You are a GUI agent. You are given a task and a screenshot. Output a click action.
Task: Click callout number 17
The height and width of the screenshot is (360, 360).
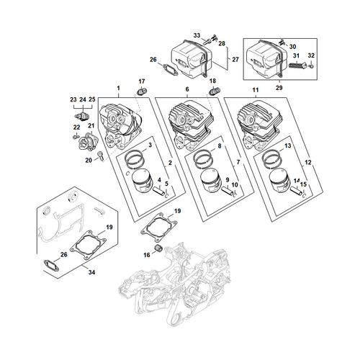pyautogui.click(x=142, y=81)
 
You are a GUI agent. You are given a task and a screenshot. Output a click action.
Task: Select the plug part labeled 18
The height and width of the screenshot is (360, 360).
pyautogui.click(x=214, y=91)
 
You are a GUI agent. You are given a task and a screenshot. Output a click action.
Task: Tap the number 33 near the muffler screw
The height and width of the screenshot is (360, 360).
pyautogui.click(x=197, y=35)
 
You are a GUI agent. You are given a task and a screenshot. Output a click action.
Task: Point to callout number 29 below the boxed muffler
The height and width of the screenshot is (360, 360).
pyautogui.click(x=279, y=88)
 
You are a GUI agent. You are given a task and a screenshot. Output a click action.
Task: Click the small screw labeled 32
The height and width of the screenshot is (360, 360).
pyautogui.click(x=311, y=66)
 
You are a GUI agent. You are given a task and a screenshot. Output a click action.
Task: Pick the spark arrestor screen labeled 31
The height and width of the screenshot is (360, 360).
pyautogui.click(x=297, y=65)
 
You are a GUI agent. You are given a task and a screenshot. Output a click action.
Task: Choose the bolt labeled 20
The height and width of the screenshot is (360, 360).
pyautogui.click(x=101, y=156)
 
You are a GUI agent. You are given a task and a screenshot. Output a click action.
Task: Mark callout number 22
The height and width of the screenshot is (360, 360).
pyautogui.click(x=76, y=127)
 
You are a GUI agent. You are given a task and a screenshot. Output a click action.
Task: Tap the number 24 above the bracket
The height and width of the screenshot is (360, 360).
pyautogui.click(x=83, y=99)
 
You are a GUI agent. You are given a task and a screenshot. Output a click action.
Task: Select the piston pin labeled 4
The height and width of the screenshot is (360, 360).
pyautogui.click(x=159, y=192)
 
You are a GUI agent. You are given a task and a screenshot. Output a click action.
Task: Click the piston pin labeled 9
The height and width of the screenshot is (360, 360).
pyautogui.click(x=228, y=190)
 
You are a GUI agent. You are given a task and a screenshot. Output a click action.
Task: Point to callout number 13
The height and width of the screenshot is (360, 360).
pyautogui.click(x=287, y=145)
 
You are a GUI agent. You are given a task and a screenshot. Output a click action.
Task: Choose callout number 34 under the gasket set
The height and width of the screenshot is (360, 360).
pyautogui.click(x=91, y=272)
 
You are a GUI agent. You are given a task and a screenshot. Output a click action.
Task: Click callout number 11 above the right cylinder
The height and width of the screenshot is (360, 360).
pyautogui.click(x=256, y=90)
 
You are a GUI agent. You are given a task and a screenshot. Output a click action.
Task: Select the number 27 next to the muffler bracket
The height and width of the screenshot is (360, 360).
pyautogui.click(x=235, y=59)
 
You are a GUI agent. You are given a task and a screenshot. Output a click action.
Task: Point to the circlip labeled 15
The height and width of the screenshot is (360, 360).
pyautogui.click(x=304, y=196)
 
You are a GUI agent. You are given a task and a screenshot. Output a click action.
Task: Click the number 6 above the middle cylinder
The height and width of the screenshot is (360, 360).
pyautogui.click(x=187, y=89)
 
